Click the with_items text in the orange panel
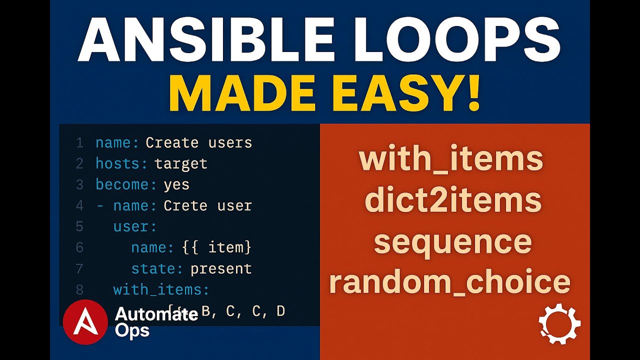[x=451, y=159]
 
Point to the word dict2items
[x=453, y=200]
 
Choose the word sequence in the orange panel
[x=452, y=241]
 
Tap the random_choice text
[x=449, y=282]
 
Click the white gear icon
[x=559, y=323]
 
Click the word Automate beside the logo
[x=156, y=314]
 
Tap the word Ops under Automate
[x=132, y=330]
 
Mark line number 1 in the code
[x=79, y=143]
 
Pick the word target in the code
[x=181, y=164]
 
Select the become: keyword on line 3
[x=126, y=184]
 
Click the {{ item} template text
[x=216, y=247]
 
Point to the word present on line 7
[x=221, y=268]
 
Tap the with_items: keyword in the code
[x=161, y=289]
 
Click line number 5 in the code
[x=79, y=226]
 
